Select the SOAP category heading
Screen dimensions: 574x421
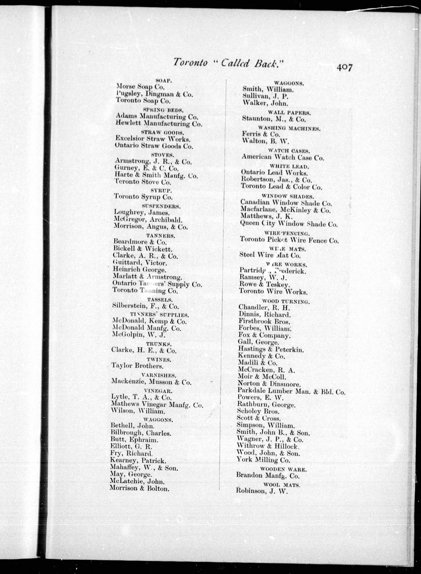coord(164,81)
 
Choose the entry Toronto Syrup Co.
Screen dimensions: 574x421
coord(143,197)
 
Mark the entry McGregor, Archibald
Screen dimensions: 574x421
coord(148,220)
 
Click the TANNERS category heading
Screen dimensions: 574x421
coord(161,236)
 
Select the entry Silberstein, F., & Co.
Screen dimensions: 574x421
coord(146,306)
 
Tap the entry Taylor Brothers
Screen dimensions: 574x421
coord(137,366)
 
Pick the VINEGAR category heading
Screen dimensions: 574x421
coord(158,391)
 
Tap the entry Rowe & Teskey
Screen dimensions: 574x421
coord(264,284)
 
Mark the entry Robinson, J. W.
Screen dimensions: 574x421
coord(262,491)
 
